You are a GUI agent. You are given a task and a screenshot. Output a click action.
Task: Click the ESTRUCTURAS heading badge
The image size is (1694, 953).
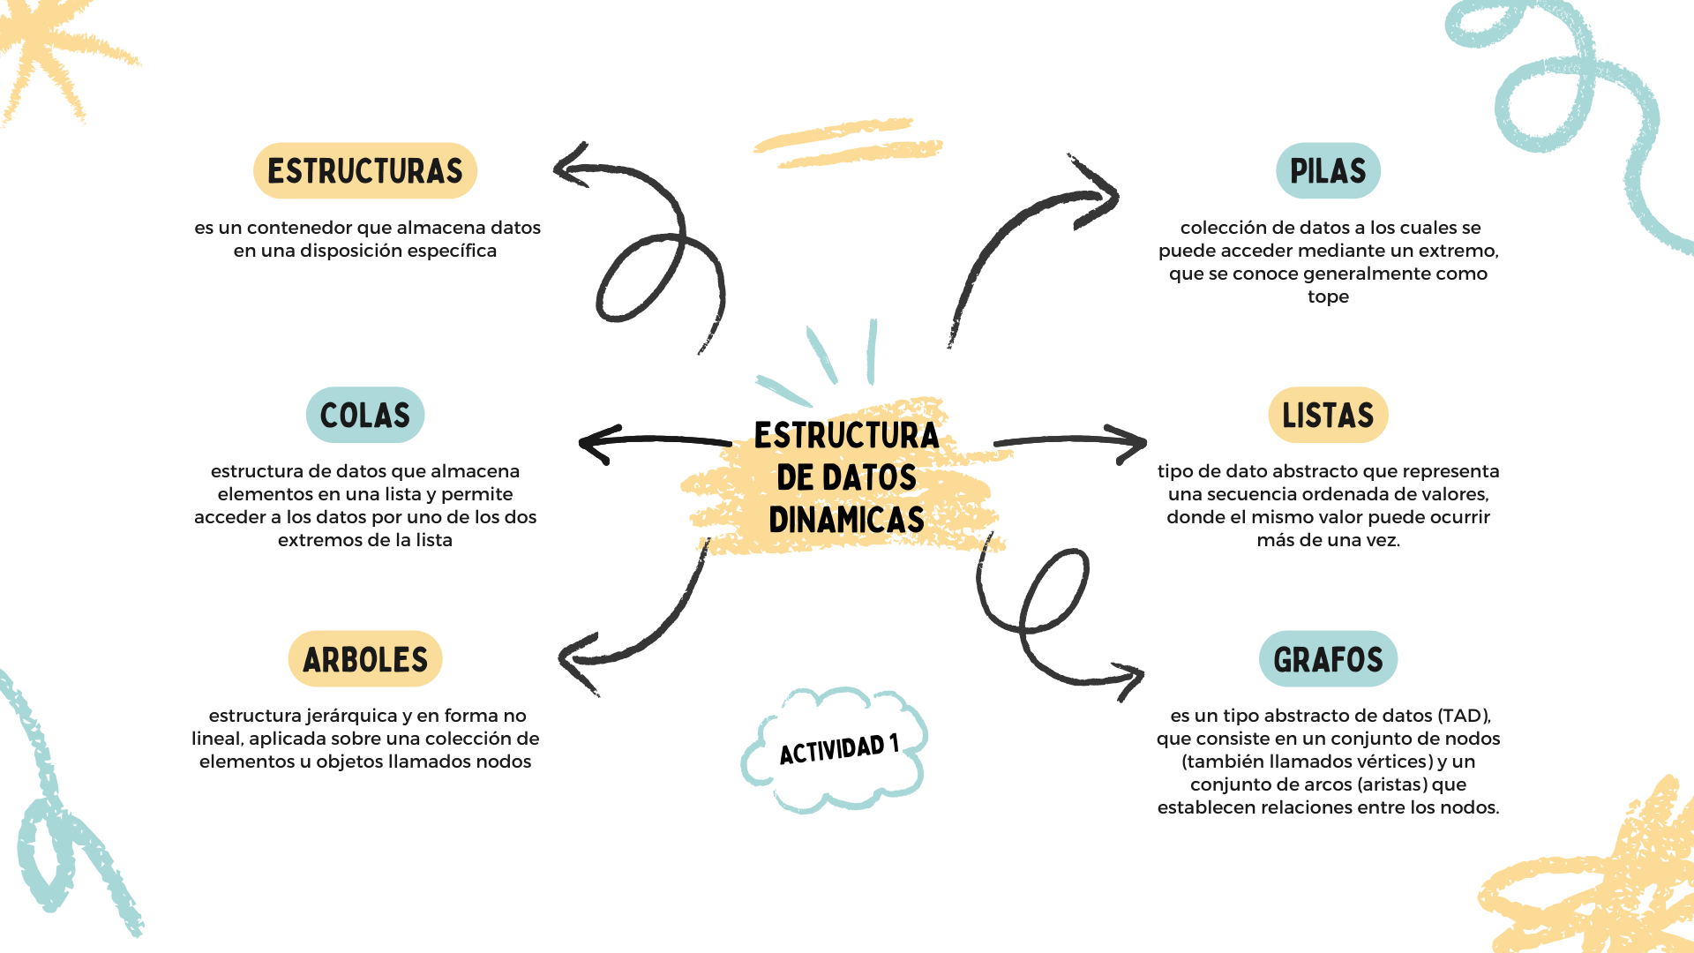(365, 171)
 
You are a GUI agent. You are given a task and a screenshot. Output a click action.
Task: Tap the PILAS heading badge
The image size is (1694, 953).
(1328, 171)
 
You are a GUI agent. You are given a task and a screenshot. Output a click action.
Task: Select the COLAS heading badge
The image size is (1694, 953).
(365, 415)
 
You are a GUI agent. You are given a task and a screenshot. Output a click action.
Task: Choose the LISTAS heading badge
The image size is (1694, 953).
(1328, 415)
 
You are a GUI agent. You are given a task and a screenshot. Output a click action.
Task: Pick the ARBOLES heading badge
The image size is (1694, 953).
(365, 659)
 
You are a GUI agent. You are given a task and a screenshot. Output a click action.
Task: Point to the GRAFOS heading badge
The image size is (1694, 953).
(1328, 659)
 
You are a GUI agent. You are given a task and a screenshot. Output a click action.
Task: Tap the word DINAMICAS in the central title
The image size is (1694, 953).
(846, 520)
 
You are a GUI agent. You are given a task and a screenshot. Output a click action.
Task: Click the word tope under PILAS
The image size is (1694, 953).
(1328, 296)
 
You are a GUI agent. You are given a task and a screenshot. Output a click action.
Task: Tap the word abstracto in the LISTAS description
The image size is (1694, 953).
(1314, 471)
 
